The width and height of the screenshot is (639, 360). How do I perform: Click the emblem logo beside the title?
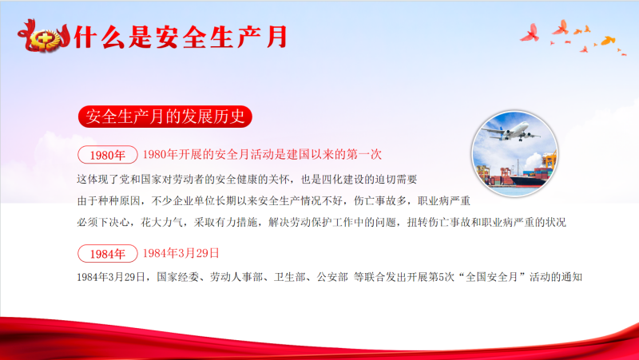(44, 37)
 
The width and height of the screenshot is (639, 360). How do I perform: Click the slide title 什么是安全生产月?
(181, 37)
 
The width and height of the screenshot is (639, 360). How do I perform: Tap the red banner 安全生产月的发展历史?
(165, 117)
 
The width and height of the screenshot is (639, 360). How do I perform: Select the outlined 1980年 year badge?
(108, 155)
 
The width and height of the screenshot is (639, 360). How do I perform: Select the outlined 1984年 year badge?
(108, 254)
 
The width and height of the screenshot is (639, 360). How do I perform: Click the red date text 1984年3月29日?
(181, 253)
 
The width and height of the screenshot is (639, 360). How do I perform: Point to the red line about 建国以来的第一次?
(262, 154)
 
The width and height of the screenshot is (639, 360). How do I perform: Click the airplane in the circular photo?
(511, 131)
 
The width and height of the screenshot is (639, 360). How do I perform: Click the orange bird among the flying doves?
(608, 41)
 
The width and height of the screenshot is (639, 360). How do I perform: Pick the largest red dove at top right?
(530, 34)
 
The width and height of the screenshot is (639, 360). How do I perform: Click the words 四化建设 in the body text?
(343, 179)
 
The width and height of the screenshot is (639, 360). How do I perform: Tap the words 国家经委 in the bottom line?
(177, 277)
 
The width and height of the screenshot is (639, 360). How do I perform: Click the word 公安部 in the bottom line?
(332, 277)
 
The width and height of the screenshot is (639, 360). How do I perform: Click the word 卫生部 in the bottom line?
(290, 277)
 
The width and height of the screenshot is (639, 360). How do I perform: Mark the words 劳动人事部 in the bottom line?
(236, 277)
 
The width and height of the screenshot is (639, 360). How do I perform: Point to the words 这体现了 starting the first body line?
(97, 179)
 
